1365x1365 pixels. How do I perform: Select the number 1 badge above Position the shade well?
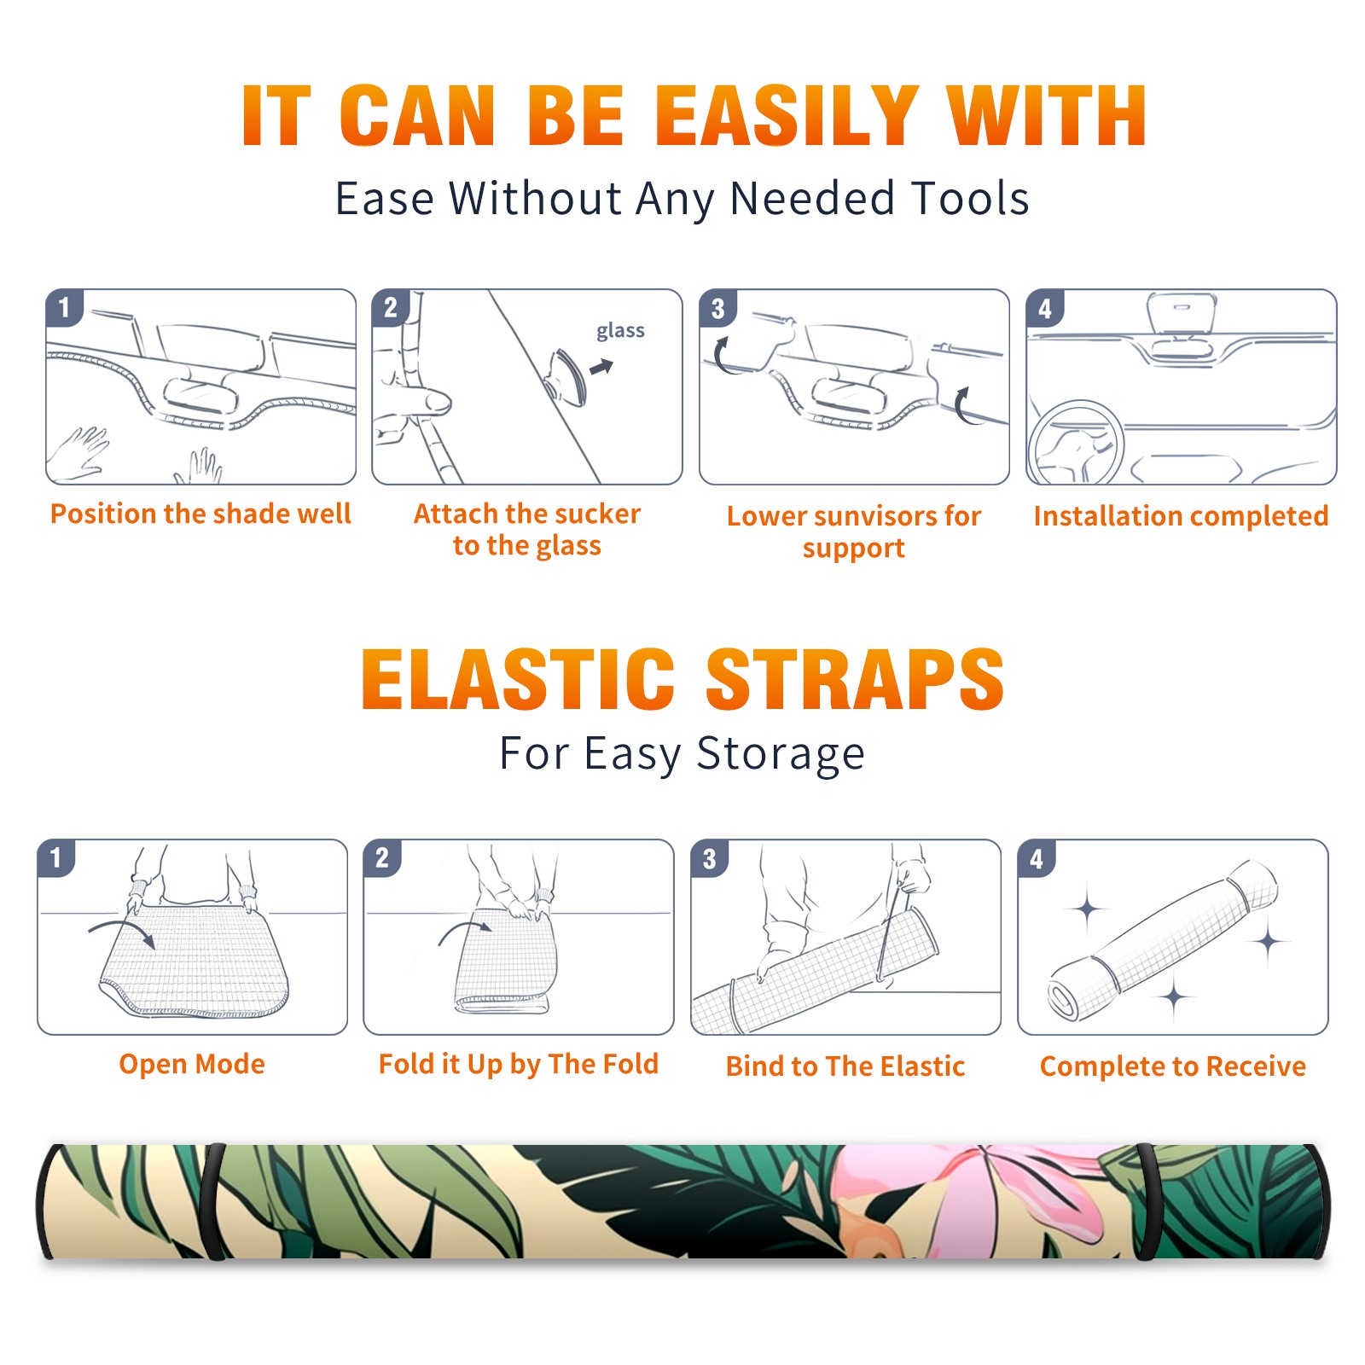(64, 307)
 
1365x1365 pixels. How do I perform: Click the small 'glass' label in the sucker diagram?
(620, 331)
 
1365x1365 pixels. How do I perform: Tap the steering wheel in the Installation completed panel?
(1076, 443)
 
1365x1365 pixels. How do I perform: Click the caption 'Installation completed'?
(1181, 515)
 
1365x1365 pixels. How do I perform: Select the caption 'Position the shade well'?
(200, 514)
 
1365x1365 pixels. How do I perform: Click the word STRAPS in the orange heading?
(855, 679)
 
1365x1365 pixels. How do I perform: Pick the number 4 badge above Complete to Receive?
(1037, 858)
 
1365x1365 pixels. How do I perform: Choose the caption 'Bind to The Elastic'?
(845, 1066)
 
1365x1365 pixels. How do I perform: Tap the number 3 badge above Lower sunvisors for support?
(717, 308)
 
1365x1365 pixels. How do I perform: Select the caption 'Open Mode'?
(192, 1064)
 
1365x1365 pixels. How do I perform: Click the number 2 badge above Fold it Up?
(382, 858)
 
